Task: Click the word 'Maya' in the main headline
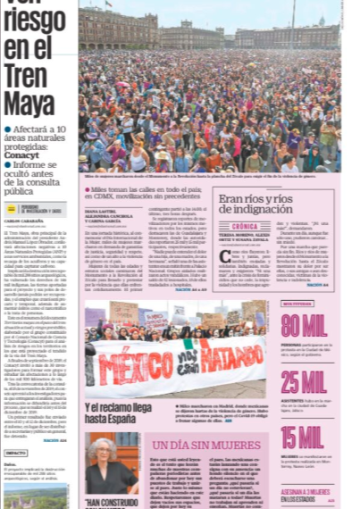[29, 104]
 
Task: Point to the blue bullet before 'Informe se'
[9, 166]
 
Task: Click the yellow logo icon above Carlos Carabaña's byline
[12, 208]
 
